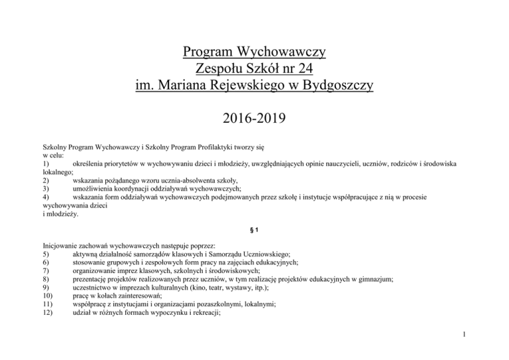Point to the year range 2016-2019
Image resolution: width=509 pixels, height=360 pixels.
click(x=254, y=121)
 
